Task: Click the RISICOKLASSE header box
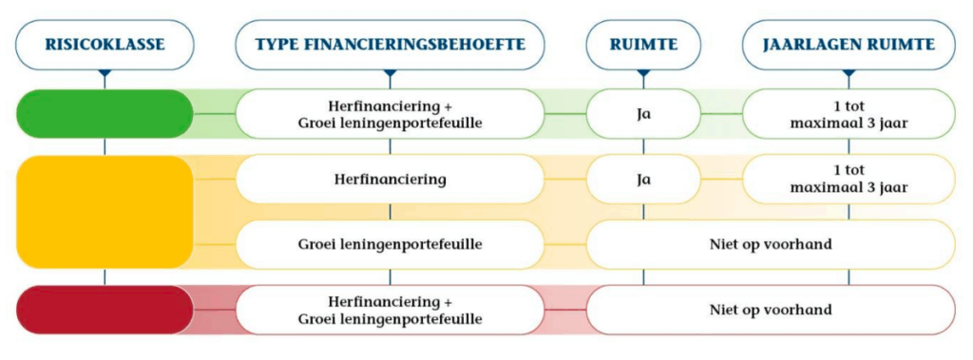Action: coord(105,44)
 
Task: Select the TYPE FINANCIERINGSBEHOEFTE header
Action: coord(390,44)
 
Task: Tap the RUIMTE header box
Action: coord(643,44)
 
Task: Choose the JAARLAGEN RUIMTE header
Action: coord(849,44)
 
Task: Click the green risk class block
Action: coord(105,114)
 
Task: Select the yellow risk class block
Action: coord(105,212)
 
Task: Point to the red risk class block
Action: coord(105,310)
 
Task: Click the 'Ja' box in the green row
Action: coord(643,114)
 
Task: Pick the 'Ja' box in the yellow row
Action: coord(643,179)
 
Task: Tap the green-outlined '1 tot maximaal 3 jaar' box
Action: coord(849,114)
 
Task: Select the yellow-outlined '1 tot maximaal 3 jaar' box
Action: coord(849,179)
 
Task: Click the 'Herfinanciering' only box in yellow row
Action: coord(390,179)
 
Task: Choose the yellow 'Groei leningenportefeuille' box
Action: coord(390,244)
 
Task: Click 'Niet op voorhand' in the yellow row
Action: coord(770,244)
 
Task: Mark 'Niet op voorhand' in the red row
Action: coord(770,310)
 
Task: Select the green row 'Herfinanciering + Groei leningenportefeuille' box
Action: coord(390,114)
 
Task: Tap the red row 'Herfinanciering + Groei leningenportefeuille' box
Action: coord(390,310)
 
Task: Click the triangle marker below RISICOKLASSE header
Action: coord(105,72)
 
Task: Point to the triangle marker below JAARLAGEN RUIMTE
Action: coord(849,72)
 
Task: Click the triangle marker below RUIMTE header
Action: coord(643,72)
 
